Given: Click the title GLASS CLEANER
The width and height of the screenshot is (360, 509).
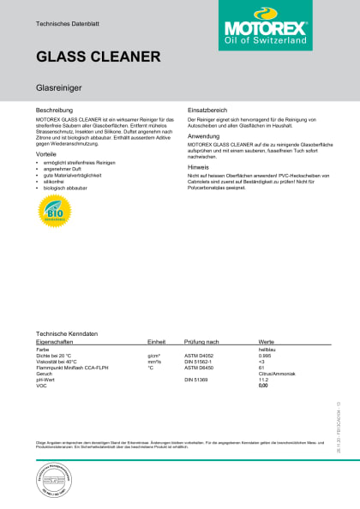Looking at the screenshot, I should pos(99,57).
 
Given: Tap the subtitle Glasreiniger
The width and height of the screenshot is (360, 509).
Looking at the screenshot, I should pos(57,87).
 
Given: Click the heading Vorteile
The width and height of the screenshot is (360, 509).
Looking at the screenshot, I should pos(47,154).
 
